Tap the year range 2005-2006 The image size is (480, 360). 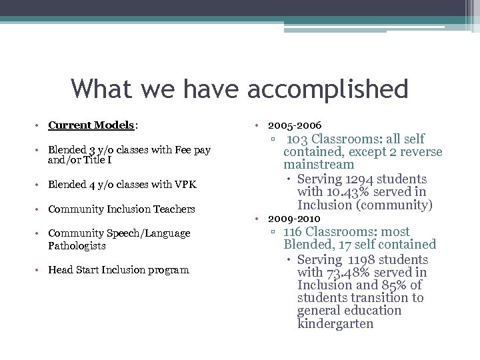(294, 125)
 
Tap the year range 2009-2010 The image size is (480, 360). (294, 219)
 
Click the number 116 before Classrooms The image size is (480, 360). (294, 232)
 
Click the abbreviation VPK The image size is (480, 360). (185, 185)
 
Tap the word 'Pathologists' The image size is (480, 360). (77, 246)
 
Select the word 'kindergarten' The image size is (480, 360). (335, 324)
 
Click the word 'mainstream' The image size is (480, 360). (319, 165)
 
